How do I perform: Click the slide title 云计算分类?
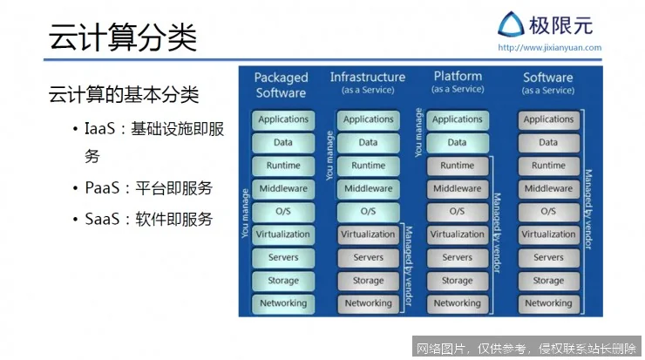[123, 38]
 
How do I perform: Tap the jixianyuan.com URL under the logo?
[548, 48]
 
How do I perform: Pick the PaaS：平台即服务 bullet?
[148, 188]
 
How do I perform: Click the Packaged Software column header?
[281, 85]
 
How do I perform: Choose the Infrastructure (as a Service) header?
[367, 83]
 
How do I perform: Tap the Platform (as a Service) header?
[458, 82]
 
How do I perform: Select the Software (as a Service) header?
[547, 83]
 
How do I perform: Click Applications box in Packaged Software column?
[282, 119]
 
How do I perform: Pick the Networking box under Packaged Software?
[282, 304]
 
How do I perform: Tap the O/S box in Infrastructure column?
[368, 212]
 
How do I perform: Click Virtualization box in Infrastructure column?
[368, 234]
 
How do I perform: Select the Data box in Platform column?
[457, 143]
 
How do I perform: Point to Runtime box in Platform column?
[457, 166]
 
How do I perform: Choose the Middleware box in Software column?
[548, 189]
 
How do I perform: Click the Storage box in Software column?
[548, 281]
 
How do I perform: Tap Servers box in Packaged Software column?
[282, 258]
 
